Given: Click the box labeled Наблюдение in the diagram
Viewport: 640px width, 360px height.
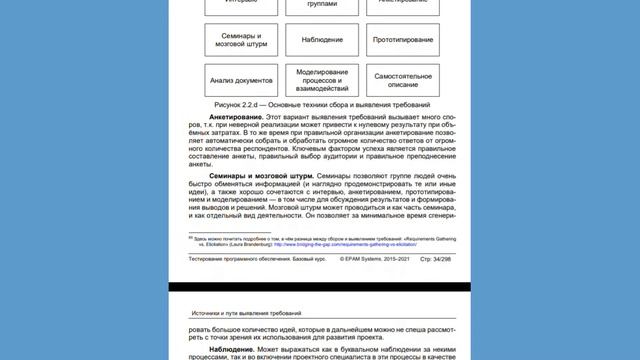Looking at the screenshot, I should (321, 39).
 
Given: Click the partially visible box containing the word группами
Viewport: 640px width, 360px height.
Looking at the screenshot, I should (321, 6).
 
